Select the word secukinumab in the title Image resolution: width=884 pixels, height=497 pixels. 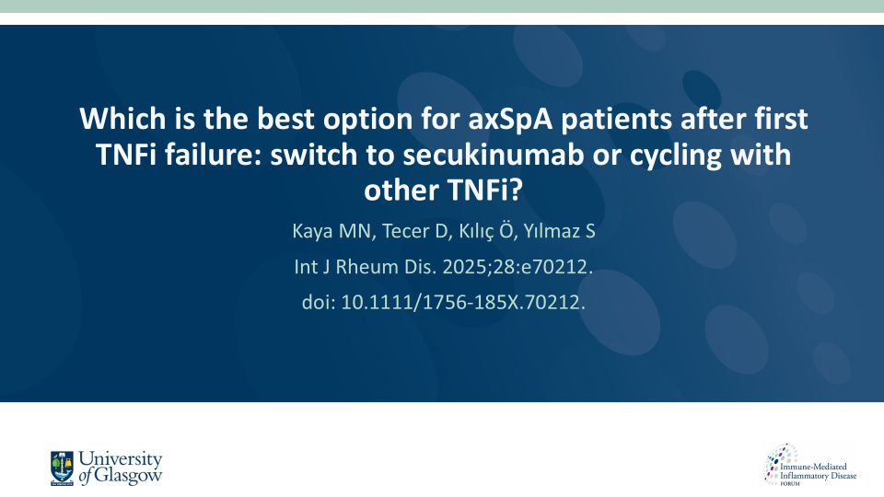pyautogui.click(x=493, y=155)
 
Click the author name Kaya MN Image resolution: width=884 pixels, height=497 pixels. pyautogui.click(x=333, y=231)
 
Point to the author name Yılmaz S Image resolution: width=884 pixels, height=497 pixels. pyautogui.click(x=559, y=232)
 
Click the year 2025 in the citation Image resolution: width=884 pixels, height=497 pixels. pyautogui.click(x=461, y=267)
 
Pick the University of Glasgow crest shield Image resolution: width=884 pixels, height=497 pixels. pyautogui.click(x=62, y=468)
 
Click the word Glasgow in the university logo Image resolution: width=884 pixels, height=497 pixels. pyautogui.click(x=128, y=475)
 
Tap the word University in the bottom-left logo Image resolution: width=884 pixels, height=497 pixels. pyautogui.click(x=120, y=459)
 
